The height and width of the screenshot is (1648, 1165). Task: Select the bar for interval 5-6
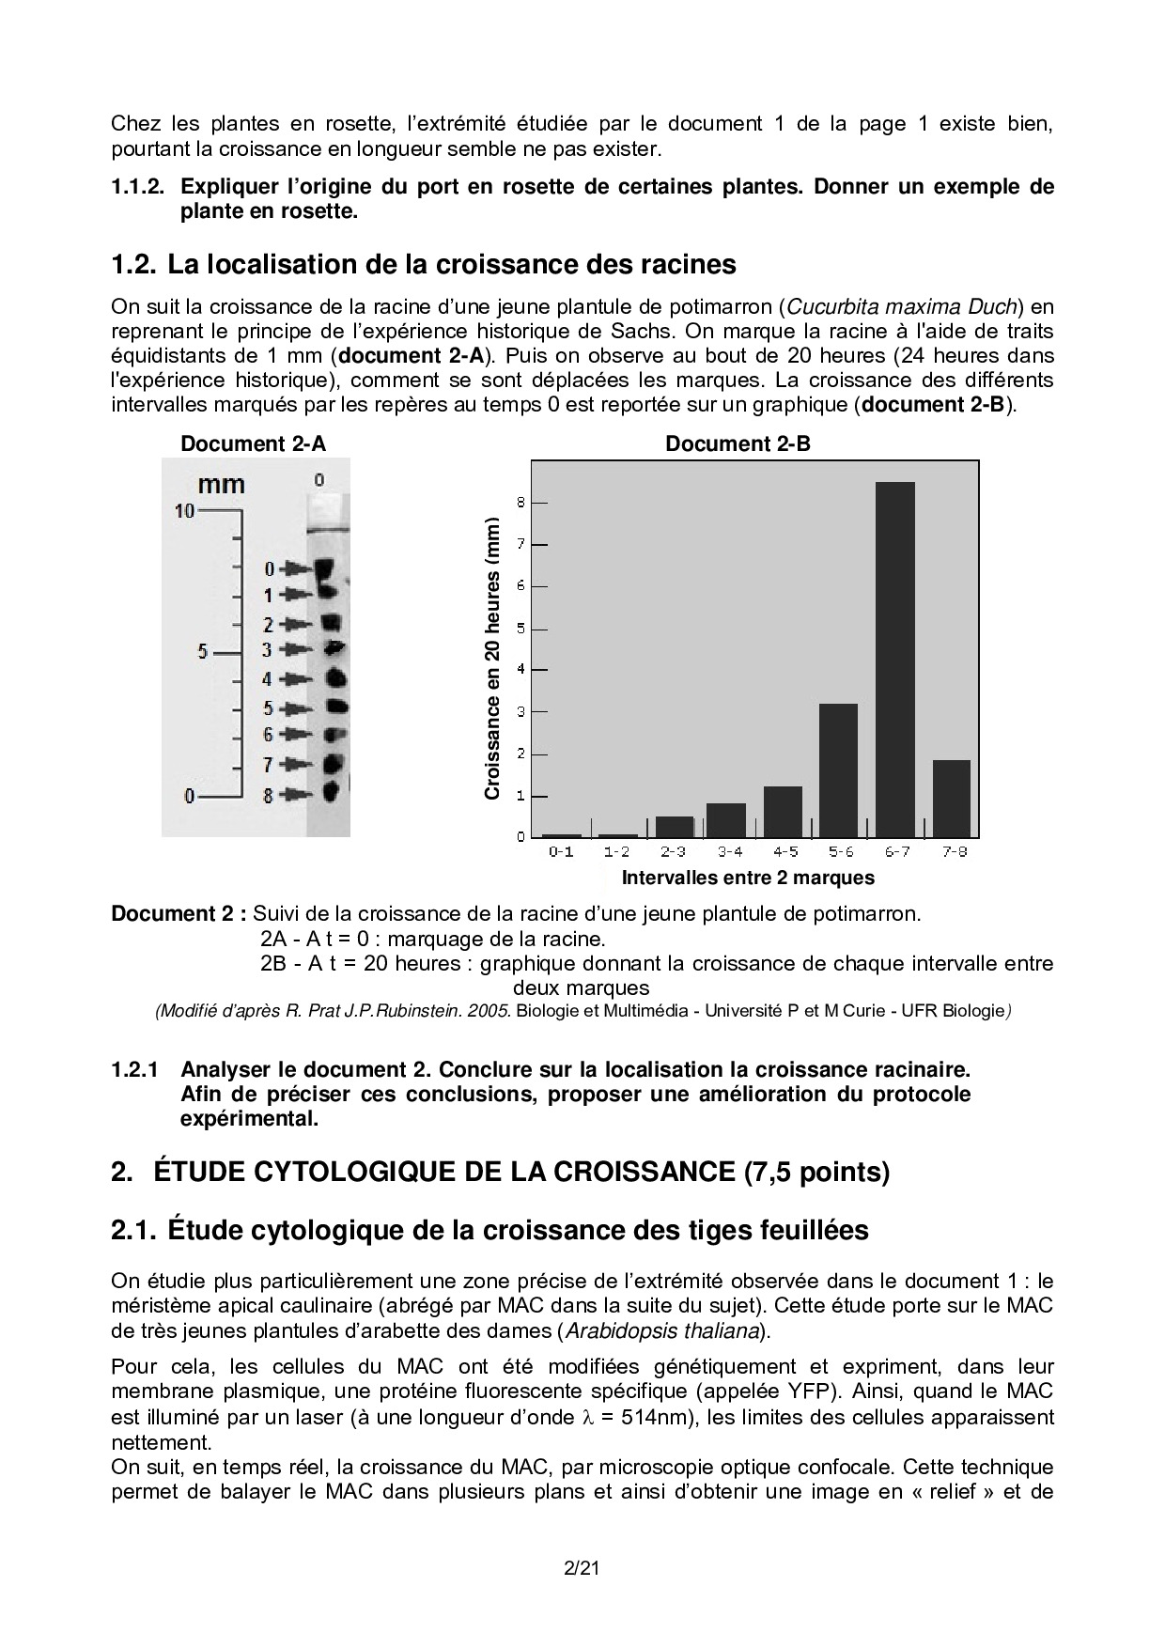[x=838, y=770]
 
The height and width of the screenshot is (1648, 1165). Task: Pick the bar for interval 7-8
[x=951, y=799]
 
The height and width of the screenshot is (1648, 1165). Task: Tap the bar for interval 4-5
[x=783, y=812]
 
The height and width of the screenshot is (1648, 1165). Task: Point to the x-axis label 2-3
[x=673, y=852]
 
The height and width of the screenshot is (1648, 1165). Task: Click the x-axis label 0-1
[x=561, y=852]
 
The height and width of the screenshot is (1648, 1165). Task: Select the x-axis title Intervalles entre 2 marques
[x=748, y=878]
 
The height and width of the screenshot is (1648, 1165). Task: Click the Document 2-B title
[x=738, y=444]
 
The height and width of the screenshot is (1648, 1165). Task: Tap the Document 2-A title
[x=254, y=444]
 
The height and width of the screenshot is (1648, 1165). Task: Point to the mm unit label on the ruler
[x=222, y=485]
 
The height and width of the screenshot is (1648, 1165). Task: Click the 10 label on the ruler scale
[x=184, y=511]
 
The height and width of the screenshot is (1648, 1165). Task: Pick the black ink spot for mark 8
[x=331, y=792]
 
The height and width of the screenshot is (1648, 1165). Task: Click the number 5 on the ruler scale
[x=203, y=650]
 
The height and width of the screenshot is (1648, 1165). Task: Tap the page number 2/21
[x=582, y=1568]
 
